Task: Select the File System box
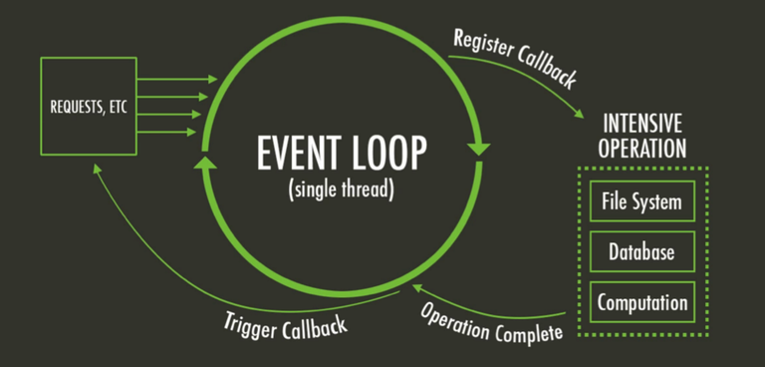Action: pyautogui.click(x=641, y=202)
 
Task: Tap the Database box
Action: pyautogui.click(x=641, y=252)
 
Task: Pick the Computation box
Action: pyautogui.click(x=641, y=302)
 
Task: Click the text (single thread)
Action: pyautogui.click(x=341, y=188)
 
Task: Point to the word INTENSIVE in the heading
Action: pyautogui.click(x=641, y=126)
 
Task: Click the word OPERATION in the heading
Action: pyautogui.click(x=641, y=150)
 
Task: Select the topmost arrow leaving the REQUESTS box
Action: pyautogui.click(x=174, y=79)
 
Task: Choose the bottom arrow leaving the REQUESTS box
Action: pyautogui.click(x=174, y=132)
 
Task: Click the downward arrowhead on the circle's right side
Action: pyautogui.click(x=479, y=150)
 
